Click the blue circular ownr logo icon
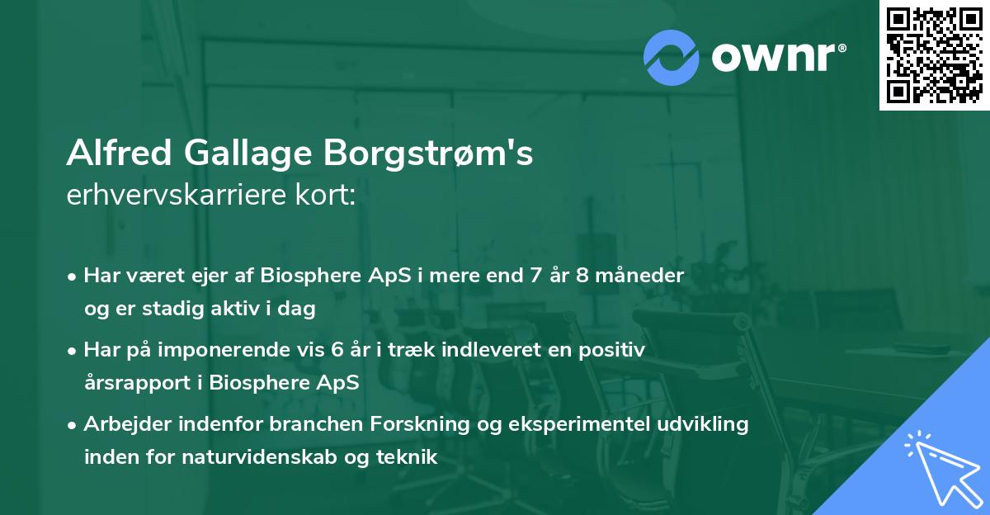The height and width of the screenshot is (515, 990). pyautogui.click(x=672, y=56)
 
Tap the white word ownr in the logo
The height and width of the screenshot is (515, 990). pyautogui.click(x=774, y=57)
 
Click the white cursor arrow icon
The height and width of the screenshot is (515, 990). pyautogui.click(x=940, y=466)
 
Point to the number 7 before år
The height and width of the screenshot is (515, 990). pyautogui.click(x=533, y=276)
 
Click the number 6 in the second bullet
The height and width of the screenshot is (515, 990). pyautogui.click(x=337, y=350)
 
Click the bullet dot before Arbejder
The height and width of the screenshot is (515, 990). pyautogui.click(x=73, y=425)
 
